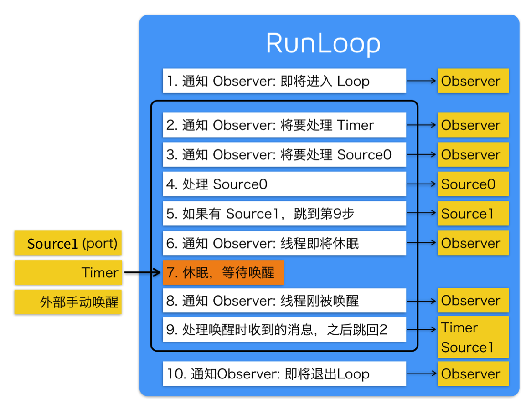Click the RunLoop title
[x=323, y=44]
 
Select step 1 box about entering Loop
[x=284, y=81]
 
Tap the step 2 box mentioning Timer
[x=284, y=125]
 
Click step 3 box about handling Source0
[x=284, y=155]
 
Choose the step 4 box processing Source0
[x=284, y=184]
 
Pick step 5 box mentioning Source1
[x=284, y=214]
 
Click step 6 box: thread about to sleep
[x=284, y=243]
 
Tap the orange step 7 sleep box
[x=223, y=273]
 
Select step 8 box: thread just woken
[x=284, y=301]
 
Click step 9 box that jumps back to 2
[x=284, y=329]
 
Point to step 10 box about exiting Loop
[x=284, y=374]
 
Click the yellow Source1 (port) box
[x=68, y=243]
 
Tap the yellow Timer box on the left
[x=68, y=273]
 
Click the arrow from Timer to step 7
[x=142, y=273]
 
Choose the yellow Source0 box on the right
[x=473, y=184]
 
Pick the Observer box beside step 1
[x=473, y=81]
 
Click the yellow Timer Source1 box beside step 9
[x=473, y=337]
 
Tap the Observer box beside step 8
[x=473, y=301]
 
